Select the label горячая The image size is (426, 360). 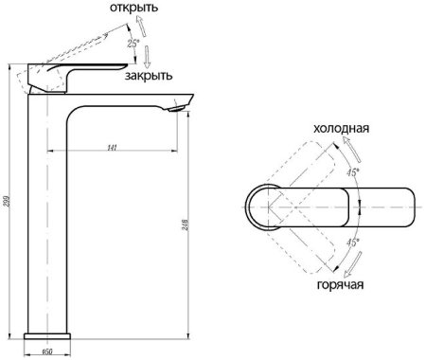[335, 283]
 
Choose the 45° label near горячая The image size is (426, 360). [352, 243]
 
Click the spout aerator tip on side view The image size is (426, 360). [171, 107]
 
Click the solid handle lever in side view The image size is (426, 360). [76, 74]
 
